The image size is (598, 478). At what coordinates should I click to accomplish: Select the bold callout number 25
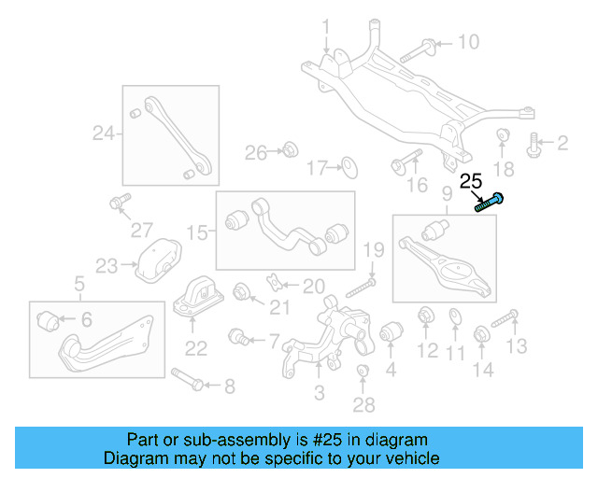pyautogui.click(x=472, y=181)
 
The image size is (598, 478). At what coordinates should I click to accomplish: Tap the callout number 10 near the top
pyautogui.click(x=467, y=42)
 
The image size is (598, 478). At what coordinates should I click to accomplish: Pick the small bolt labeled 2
pyautogui.click(x=535, y=143)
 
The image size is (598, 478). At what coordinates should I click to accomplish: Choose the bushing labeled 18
pyautogui.click(x=503, y=136)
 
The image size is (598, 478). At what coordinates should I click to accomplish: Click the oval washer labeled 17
pyautogui.click(x=349, y=168)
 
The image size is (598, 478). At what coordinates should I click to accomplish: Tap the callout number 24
pyautogui.click(x=103, y=134)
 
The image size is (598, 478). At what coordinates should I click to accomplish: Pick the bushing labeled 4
pyautogui.click(x=391, y=331)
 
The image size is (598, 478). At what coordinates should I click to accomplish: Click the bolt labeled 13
pyautogui.click(x=505, y=320)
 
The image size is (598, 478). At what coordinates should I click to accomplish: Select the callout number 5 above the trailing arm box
pyautogui.click(x=79, y=283)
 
